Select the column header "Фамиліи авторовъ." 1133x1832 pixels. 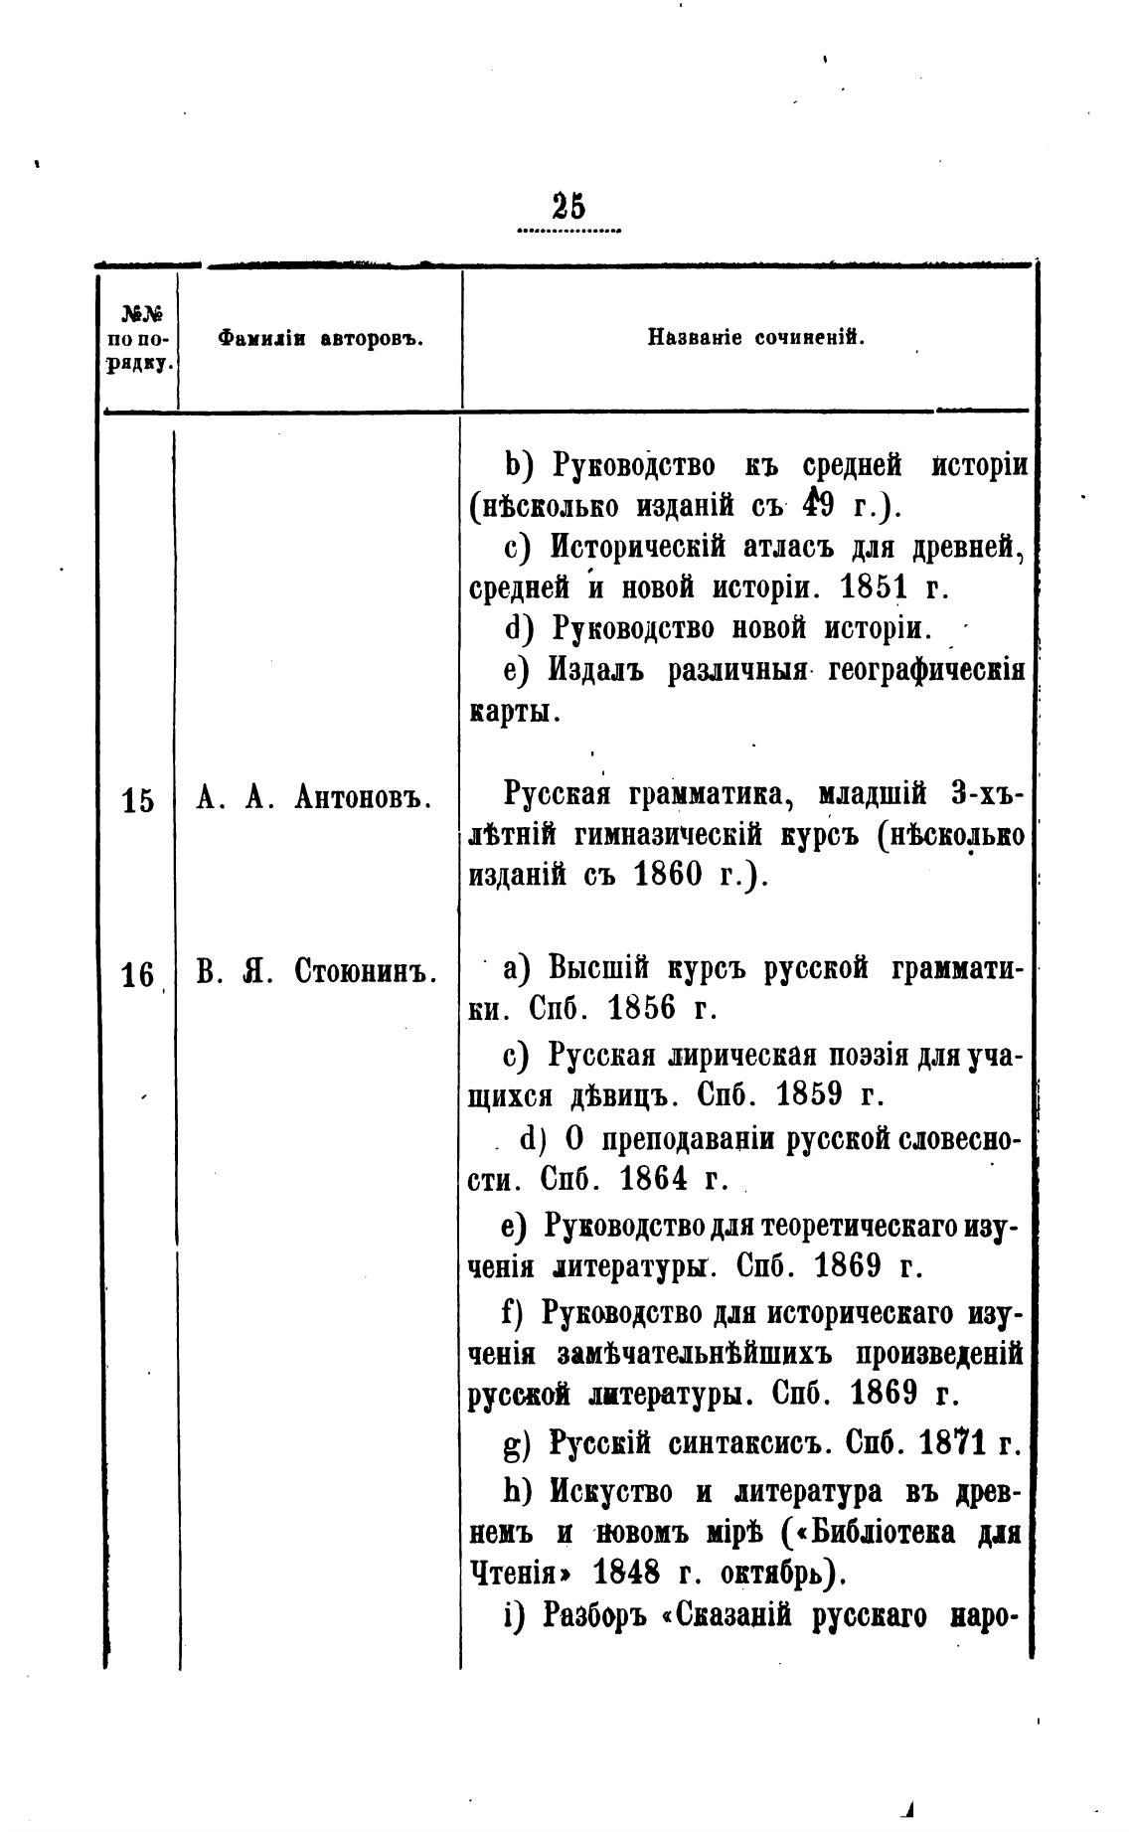pos(321,338)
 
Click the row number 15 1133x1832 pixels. pos(138,801)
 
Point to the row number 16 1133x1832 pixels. pos(136,976)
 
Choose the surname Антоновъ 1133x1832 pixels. pos(362,798)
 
